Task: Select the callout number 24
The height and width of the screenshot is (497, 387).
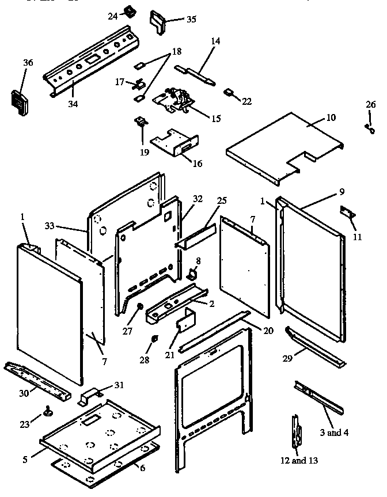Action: click(x=112, y=16)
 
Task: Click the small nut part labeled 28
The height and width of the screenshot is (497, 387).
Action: click(x=154, y=339)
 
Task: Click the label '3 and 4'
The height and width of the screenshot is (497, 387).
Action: click(x=334, y=433)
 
